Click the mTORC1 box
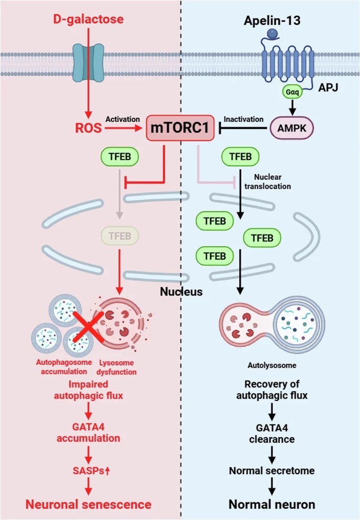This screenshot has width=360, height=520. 180,128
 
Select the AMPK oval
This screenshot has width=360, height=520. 292,128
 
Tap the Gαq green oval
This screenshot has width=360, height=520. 292,91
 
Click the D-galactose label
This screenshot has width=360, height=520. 88,19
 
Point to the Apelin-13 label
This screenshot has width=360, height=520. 272,21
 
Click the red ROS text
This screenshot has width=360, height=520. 88,128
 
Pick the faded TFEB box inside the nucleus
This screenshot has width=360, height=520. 120,236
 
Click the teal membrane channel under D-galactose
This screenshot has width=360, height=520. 88,63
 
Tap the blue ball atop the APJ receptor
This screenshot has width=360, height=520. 272,34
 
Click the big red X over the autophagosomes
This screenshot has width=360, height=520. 88,327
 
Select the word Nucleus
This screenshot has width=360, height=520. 181,291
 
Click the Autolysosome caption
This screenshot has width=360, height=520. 272,365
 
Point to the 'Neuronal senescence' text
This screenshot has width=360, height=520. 88,504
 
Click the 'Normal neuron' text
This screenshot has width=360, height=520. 272,504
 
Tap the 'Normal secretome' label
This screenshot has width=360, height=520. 272,471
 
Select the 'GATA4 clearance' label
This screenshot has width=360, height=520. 272,433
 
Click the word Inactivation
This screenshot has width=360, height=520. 244,119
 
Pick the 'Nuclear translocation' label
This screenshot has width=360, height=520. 268,182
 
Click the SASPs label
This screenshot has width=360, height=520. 91,471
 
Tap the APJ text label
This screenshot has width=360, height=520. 328,88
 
